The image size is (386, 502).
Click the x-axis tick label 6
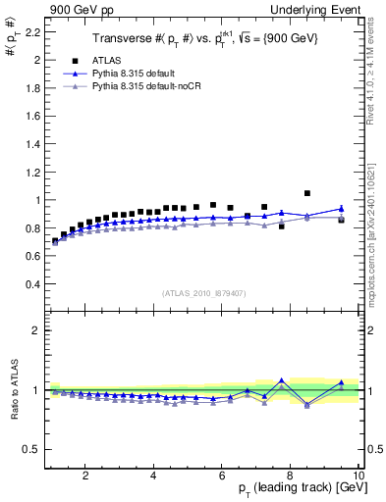[223, 477]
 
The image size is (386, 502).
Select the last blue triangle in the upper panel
[341, 208]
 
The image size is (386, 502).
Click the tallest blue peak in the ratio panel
[282, 380]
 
